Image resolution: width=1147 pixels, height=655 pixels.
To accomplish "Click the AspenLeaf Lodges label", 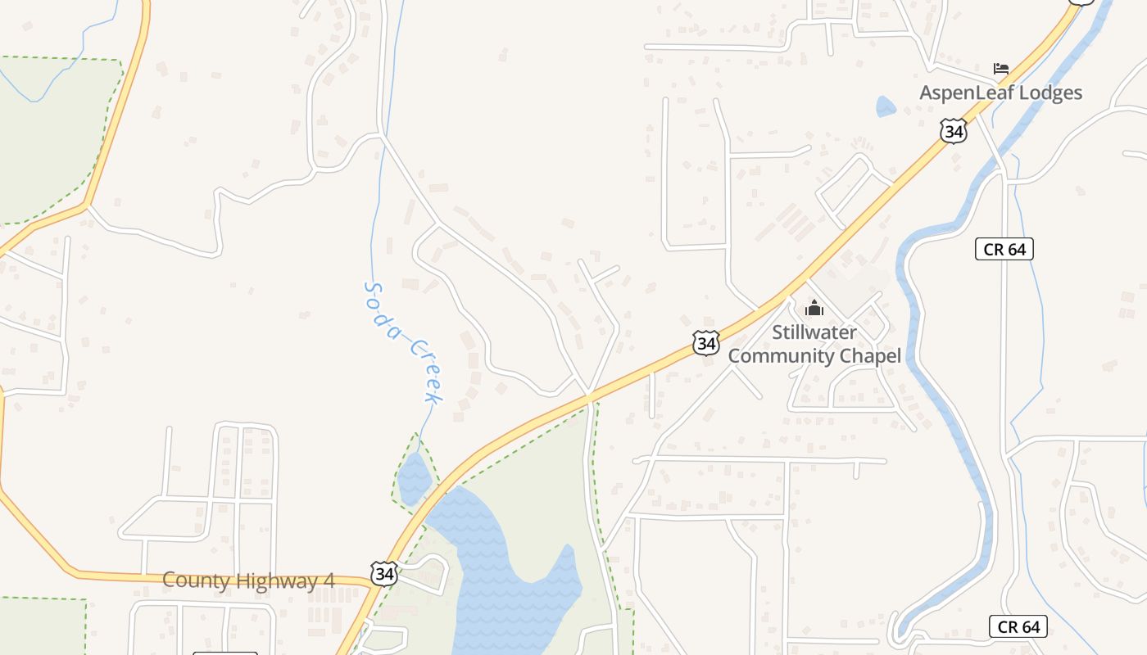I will click(x=1000, y=93).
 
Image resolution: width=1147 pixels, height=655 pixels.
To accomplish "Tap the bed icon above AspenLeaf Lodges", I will click(x=1000, y=69).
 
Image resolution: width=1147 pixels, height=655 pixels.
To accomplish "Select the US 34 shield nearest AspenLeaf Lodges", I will click(x=953, y=131).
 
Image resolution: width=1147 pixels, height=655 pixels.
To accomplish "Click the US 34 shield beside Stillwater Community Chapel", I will click(x=705, y=343).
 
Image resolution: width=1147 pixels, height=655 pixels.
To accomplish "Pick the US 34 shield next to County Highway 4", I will click(x=384, y=573).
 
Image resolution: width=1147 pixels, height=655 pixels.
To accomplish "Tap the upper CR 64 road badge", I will click(x=1004, y=249).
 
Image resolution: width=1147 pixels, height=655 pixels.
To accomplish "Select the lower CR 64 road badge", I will click(x=1018, y=626).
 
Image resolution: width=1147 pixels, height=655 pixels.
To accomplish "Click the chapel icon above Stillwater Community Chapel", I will click(x=814, y=308).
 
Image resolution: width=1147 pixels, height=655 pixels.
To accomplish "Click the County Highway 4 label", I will click(x=248, y=580).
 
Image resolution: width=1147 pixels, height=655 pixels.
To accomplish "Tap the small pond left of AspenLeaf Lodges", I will click(x=886, y=106).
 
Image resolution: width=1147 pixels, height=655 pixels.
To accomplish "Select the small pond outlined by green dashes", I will click(x=415, y=477).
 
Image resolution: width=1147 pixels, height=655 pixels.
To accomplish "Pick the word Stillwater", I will click(x=814, y=332).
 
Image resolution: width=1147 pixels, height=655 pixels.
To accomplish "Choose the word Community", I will click(x=779, y=356).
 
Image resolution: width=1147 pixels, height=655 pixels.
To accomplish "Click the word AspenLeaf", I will click(x=963, y=93).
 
